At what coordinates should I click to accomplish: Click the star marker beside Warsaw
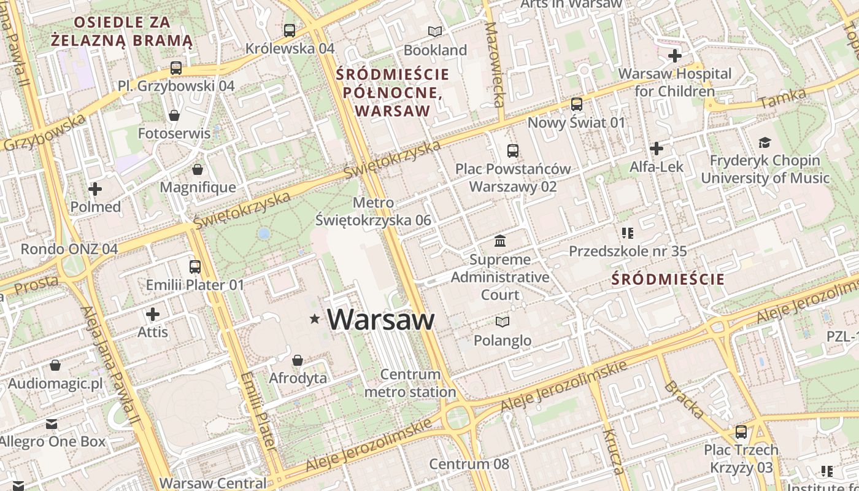tap(315, 319)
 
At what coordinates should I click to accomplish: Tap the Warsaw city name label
tap(381, 319)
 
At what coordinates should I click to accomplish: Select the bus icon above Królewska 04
tap(290, 30)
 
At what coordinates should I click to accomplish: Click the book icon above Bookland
tap(435, 31)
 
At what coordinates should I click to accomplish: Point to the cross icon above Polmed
tap(95, 189)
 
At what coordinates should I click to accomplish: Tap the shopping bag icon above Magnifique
tap(198, 169)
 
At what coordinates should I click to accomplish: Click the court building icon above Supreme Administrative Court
tap(500, 241)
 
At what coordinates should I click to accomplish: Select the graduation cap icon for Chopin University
tap(765, 143)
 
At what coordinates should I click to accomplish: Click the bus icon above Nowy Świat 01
tap(576, 104)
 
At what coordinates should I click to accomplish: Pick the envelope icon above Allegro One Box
tap(52, 424)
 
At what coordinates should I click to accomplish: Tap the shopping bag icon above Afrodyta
tap(298, 360)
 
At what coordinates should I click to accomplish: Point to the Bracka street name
tap(684, 399)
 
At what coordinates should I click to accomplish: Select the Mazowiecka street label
tap(494, 64)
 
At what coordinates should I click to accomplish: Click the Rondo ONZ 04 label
tap(69, 249)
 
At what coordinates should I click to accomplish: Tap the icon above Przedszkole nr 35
tap(627, 233)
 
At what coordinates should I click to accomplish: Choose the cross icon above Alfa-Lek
tap(657, 149)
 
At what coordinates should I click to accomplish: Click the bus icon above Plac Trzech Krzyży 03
tap(741, 432)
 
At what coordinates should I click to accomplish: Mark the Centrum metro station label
tap(410, 383)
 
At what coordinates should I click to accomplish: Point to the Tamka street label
tap(782, 98)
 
